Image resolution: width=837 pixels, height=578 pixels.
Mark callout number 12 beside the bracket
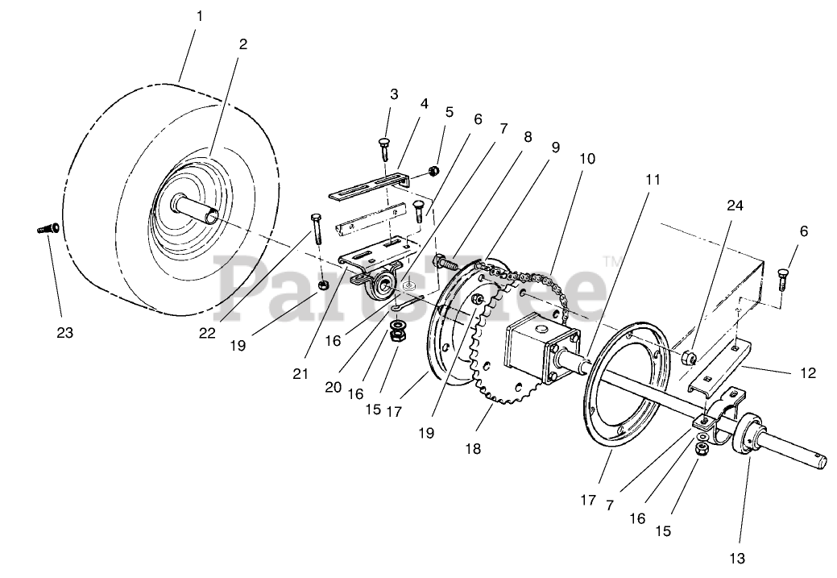(x=809, y=373)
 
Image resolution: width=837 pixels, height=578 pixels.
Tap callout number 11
(x=653, y=180)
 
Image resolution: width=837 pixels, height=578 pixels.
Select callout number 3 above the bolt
(x=394, y=94)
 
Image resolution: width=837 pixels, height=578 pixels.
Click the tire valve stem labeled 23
(x=46, y=229)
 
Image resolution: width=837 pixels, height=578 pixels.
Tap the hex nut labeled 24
(x=690, y=356)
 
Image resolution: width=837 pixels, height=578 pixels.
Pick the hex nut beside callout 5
(x=433, y=170)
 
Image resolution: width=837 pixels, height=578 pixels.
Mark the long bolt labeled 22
(x=314, y=229)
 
